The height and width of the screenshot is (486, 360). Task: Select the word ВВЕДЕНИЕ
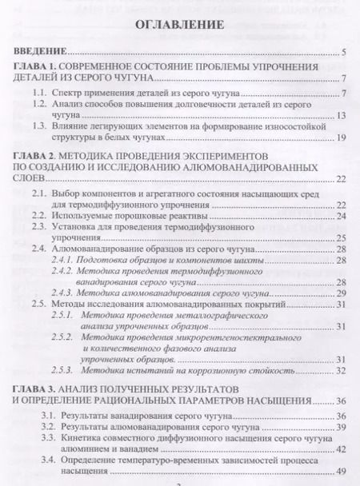tap(38, 53)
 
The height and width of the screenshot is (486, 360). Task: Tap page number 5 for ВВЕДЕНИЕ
tap(342, 53)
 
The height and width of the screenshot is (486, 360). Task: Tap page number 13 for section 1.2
tap(340, 117)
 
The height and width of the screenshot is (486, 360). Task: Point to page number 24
tap(340, 216)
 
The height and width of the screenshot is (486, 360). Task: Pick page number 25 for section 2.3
tap(340, 237)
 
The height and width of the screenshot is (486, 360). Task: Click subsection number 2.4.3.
tap(77, 293)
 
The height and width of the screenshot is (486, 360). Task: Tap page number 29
tap(340, 293)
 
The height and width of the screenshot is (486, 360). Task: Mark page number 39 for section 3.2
tap(340, 428)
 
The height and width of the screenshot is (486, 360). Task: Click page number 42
tap(340, 450)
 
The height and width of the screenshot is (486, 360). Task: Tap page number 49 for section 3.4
tap(340, 472)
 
